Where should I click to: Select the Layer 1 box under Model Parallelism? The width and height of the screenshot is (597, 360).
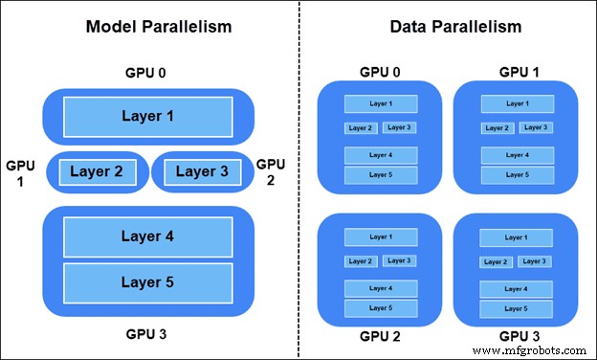tap(148, 117)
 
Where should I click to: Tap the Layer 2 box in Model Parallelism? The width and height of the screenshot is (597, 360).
tap(97, 172)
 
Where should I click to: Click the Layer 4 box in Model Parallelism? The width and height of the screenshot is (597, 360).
tap(148, 236)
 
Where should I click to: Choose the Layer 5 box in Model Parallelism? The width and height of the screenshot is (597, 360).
tap(148, 281)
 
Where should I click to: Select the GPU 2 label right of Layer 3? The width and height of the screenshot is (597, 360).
tap(271, 172)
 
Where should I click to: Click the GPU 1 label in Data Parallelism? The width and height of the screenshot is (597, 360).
tap(515, 71)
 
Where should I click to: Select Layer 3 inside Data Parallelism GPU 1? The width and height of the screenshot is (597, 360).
tap(535, 127)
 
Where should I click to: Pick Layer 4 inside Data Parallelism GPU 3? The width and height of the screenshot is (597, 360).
tap(515, 287)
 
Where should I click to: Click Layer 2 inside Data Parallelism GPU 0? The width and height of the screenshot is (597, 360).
tap(361, 127)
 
